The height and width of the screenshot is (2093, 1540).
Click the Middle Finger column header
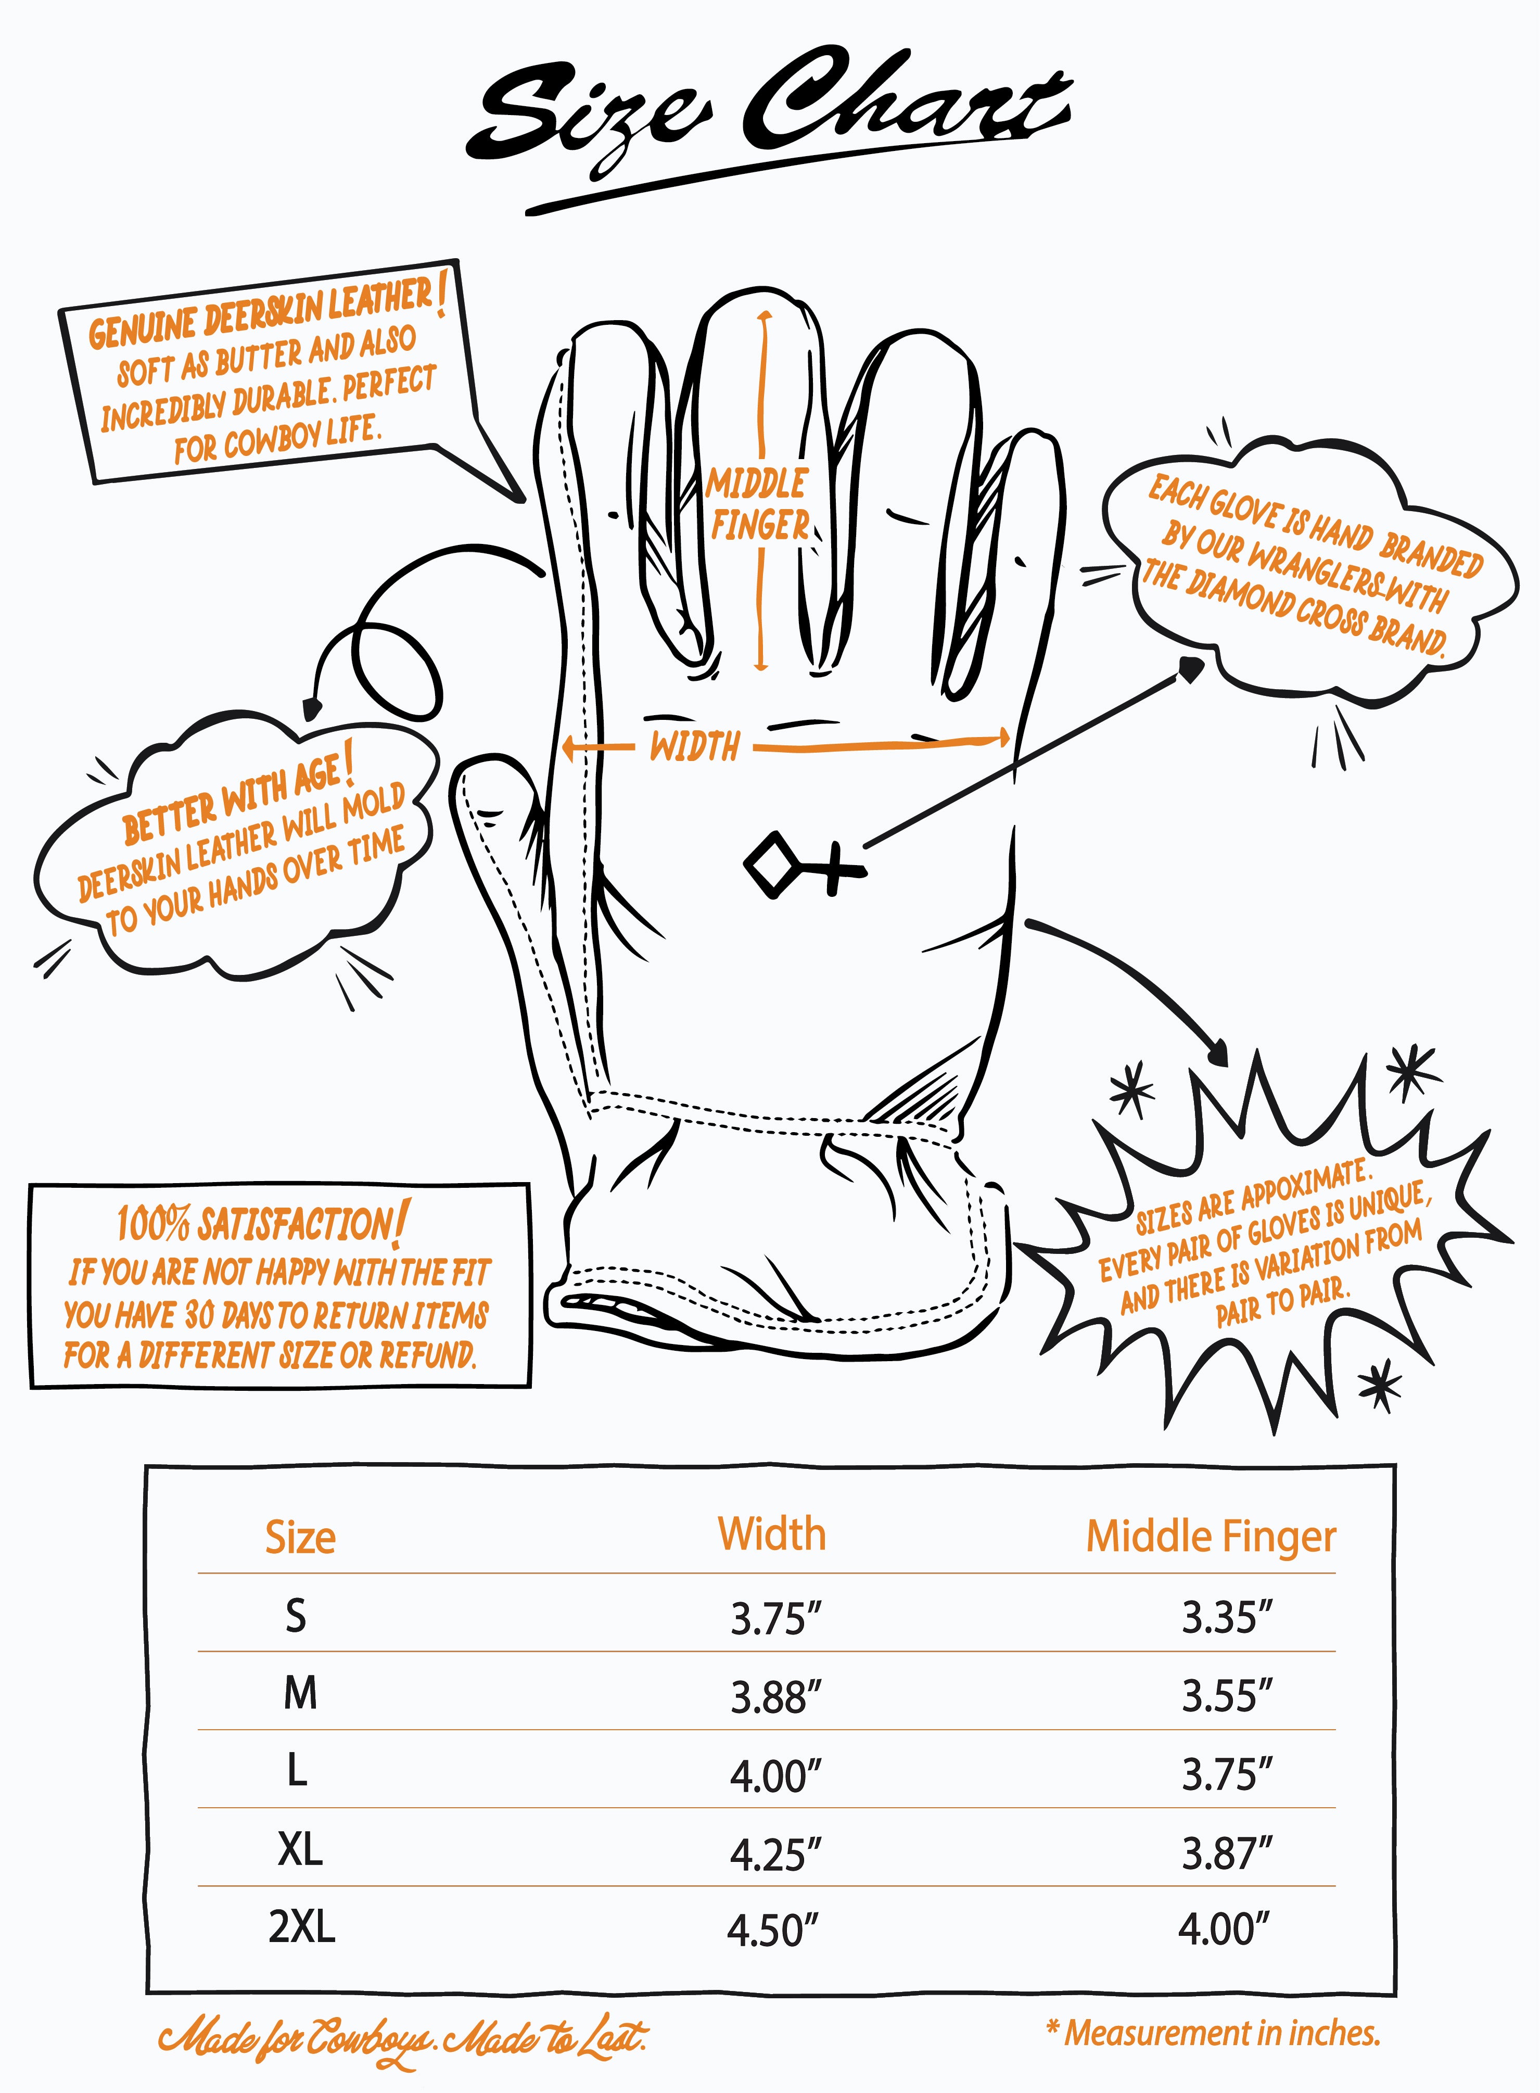pos(1211,1537)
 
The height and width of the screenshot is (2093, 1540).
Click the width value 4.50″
pos(773,1930)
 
